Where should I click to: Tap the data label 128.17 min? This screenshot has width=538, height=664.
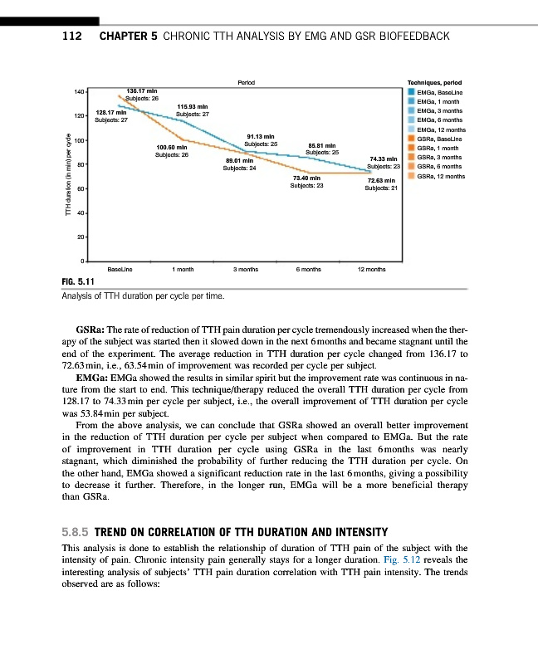[x=112, y=112]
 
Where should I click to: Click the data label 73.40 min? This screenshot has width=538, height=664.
[x=307, y=178]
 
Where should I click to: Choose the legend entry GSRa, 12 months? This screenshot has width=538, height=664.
[x=441, y=176]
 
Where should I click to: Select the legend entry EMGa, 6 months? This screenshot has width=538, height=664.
[x=441, y=121]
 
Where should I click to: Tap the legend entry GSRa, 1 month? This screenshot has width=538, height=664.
[x=440, y=149]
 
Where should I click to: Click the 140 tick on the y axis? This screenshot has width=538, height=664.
[x=78, y=91]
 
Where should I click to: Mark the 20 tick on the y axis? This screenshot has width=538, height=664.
[x=80, y=238]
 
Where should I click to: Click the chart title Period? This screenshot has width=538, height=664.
[x=246, y=81]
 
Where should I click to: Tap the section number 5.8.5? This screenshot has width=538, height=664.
[x=76, y=532]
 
